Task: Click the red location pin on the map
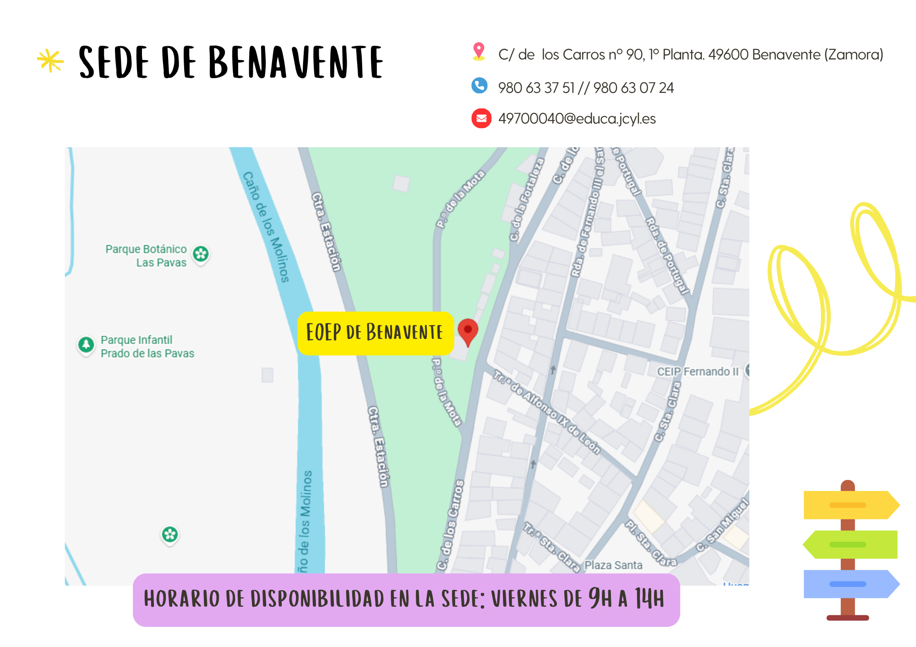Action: tap(468, 330)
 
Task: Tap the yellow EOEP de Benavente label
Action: tap(375, 333)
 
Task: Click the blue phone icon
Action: tap(480, 86)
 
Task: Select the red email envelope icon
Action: tap(481, 119)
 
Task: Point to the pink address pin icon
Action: tap(479, 51)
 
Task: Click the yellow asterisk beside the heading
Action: tap(50, 61)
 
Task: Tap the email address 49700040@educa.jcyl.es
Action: tap(577, 119)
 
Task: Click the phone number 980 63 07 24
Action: tap(633, 88)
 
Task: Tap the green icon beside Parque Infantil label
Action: tap(86, 345)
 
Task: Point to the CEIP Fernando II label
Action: tap(698, 372)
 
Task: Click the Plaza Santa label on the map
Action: tap(613, 565)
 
